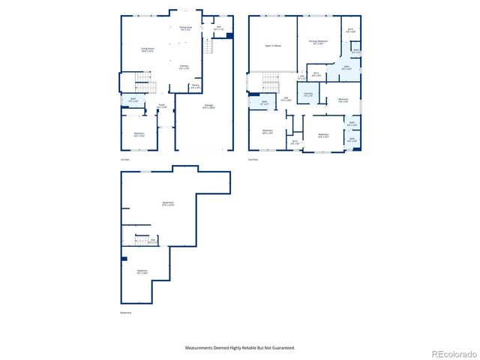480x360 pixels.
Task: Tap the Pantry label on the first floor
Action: pos(195,86)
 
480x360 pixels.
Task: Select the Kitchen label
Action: pos(184,67)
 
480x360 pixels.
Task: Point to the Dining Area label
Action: pos(184,28)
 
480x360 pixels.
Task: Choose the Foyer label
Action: pos(161,106)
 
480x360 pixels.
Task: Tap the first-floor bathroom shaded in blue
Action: pos(132,100)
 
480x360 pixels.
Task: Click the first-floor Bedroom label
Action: pos(139,134)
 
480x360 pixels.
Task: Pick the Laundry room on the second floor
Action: pos(307,94)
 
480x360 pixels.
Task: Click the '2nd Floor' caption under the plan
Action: pos(253,159)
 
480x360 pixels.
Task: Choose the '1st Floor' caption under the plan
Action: pos(125,159)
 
